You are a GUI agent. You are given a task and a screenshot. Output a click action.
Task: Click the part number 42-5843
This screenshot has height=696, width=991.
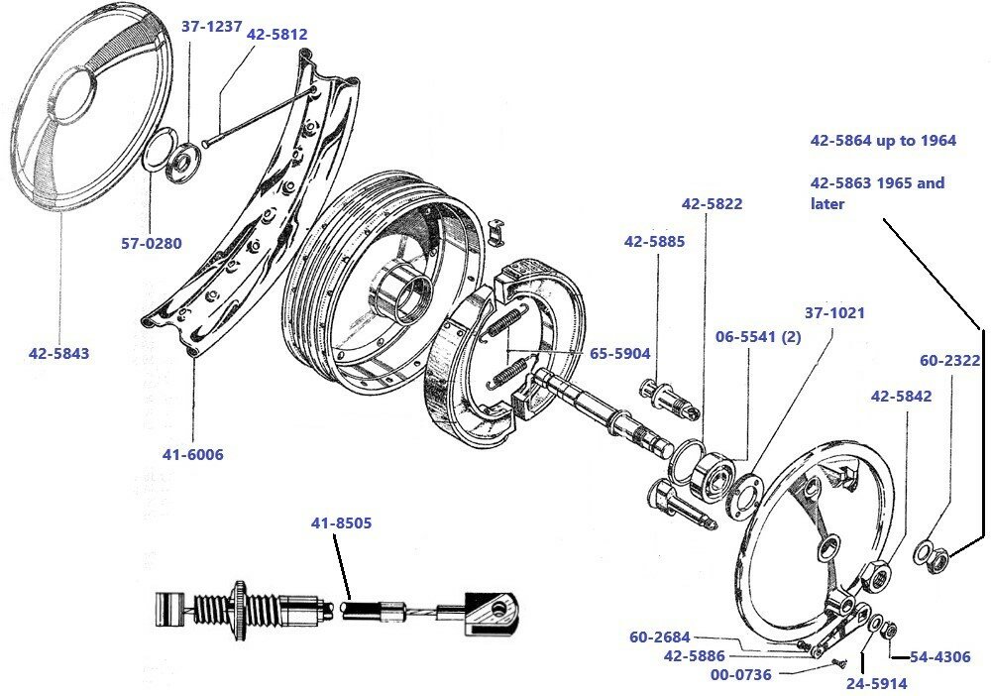click(58, 353)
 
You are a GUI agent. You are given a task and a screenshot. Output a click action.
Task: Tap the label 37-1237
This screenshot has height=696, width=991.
click(212, 27)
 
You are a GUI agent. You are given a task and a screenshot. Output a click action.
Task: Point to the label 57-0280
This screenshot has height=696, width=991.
click(151, 242)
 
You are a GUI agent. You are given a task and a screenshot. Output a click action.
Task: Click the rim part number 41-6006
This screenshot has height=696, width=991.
click(193, 455)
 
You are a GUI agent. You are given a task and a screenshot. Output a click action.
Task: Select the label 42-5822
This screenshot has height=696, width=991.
click(712, 203)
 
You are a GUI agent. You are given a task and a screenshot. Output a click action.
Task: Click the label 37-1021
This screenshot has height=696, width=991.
click(834, 312)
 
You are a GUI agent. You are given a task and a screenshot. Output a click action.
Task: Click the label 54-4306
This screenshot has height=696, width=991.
click(940, 656)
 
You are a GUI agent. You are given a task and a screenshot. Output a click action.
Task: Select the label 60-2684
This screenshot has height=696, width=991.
click(659, 638)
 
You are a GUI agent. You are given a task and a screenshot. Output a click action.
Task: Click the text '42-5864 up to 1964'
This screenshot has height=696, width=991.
click(883, 141)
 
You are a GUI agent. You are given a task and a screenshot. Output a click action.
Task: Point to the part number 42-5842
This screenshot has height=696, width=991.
click(902, 395)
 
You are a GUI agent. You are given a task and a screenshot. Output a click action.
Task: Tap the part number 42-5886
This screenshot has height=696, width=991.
click(694, 655)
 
